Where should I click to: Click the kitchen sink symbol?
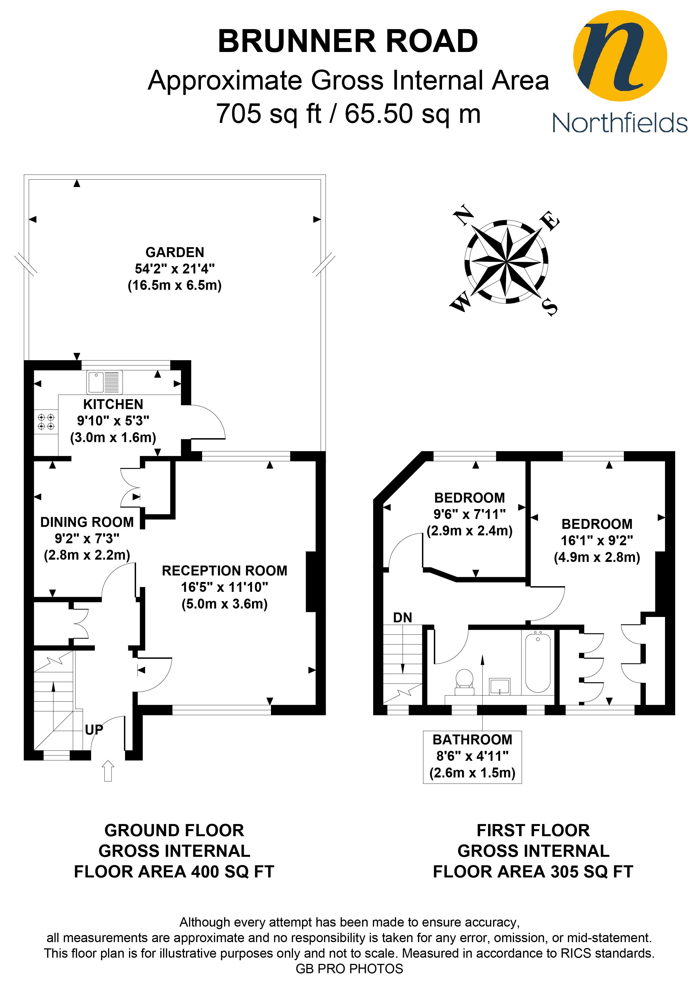tap(105, 382)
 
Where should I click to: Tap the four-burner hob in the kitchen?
tap(46, 422)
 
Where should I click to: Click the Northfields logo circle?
tap(620, 56)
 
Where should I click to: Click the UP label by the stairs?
tap(94, 730)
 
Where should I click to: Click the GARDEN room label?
tap(175, 252)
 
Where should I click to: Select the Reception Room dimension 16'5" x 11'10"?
tap(224, 587)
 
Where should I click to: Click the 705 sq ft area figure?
tap(269, 114)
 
